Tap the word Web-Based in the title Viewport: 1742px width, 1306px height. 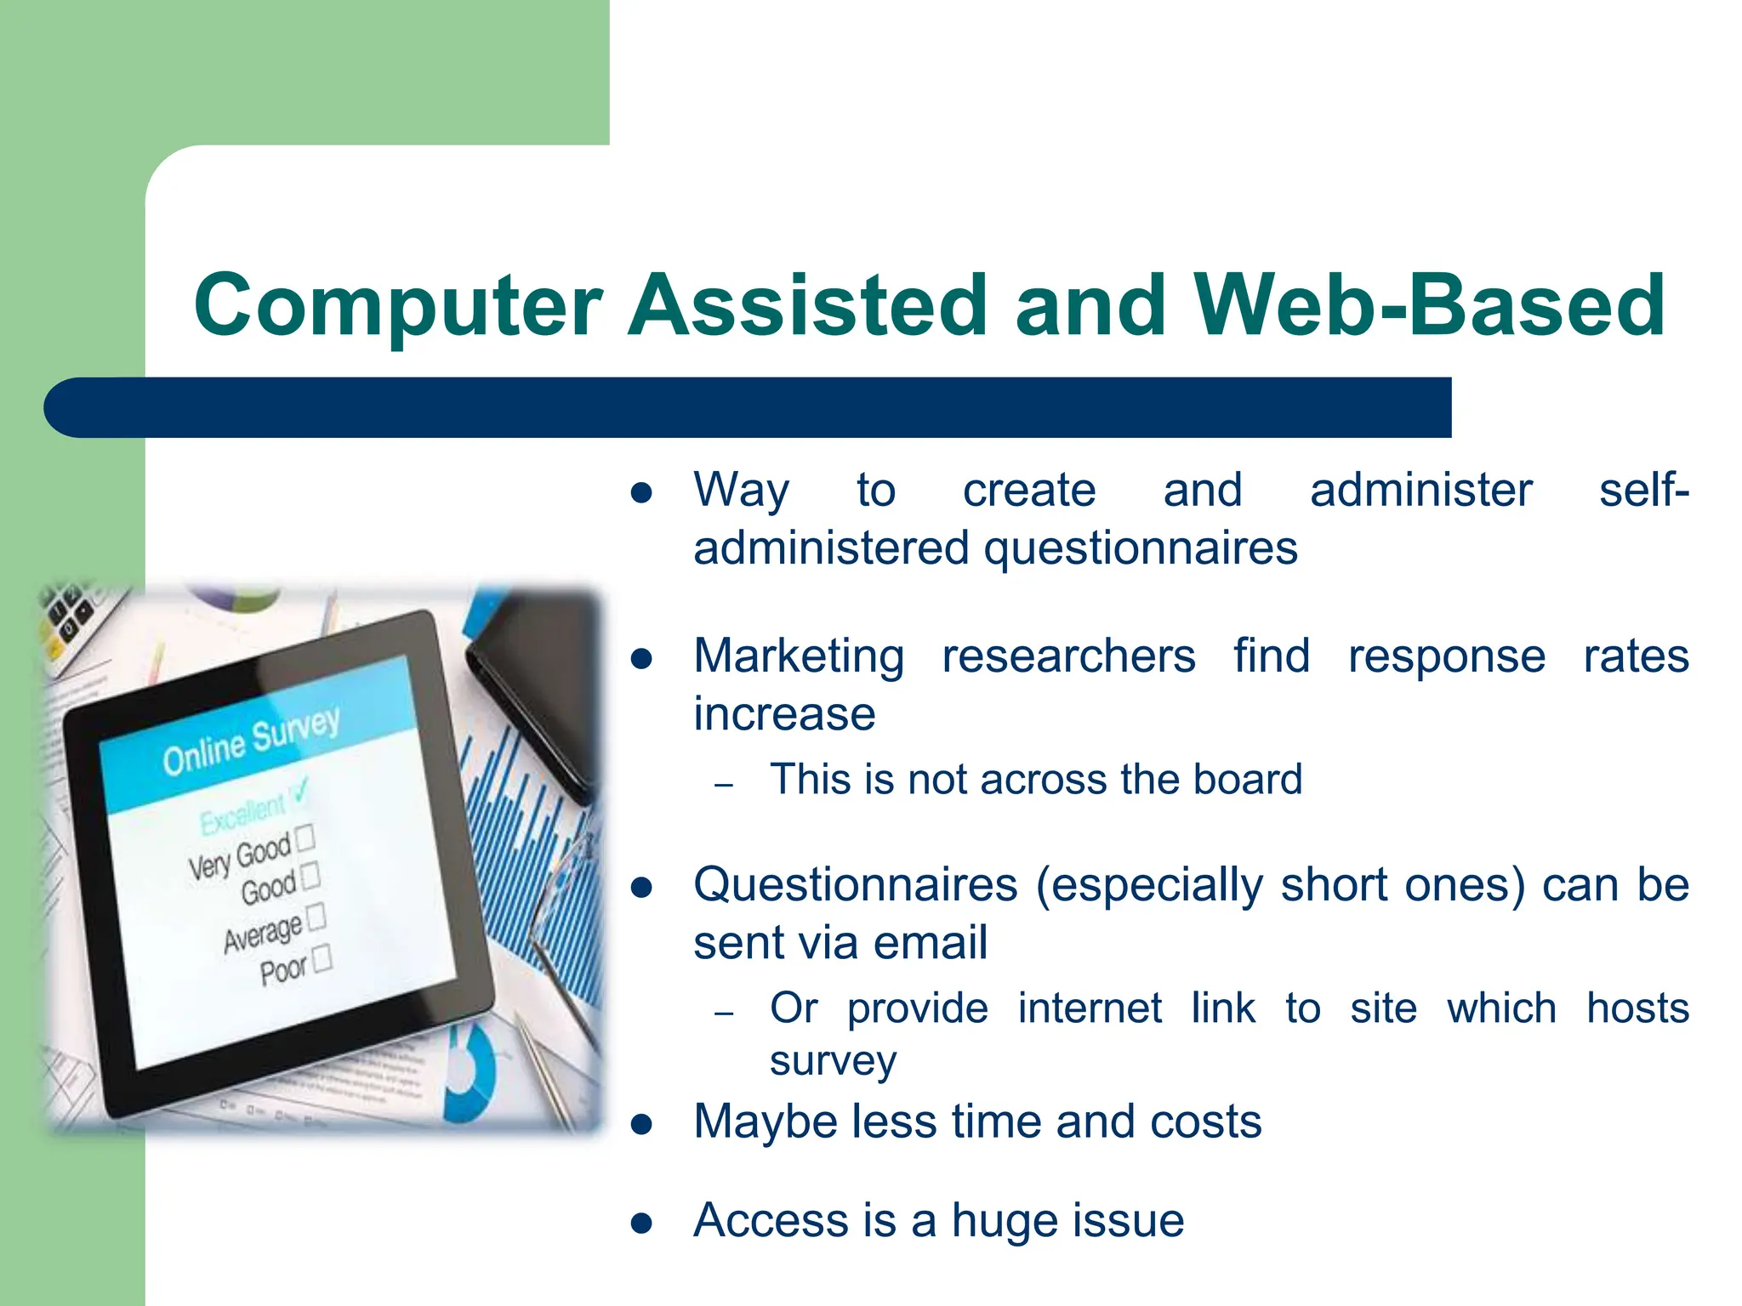(1429, 306)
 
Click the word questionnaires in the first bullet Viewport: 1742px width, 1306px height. (1141, 549)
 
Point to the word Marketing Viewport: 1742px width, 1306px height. (798, 656)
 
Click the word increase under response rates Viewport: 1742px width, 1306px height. (783, 714)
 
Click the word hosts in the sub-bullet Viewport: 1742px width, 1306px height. (1637, 1009)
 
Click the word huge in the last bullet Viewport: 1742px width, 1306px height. (1003, 1221)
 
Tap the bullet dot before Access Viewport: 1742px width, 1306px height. (641, 1224)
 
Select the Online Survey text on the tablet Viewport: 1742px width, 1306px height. (251, 742)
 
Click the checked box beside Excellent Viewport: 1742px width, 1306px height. (299, 793)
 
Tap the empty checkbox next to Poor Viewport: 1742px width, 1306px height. (322, 959)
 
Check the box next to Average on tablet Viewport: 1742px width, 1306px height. (316, 917)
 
